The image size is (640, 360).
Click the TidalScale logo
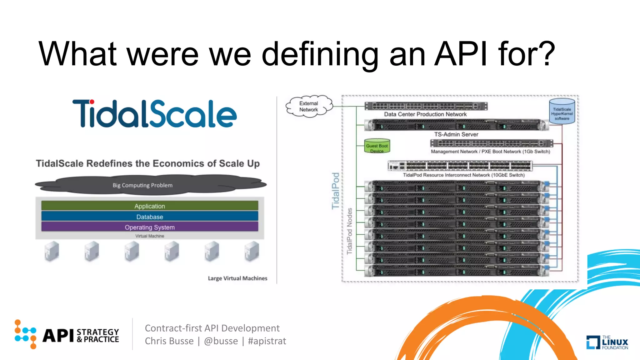pyautogui.click(x=154, y=114)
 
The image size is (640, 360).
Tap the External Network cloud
pyautogui.click(x=309, y=107)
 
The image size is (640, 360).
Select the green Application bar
pyautogui.click(x=150, y=206)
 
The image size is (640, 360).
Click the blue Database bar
pyautogui.click(x=150, y=217)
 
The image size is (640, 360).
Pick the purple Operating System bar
pyautogui.click(x=150, y=227)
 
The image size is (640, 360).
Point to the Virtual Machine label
pyautogui.click(x=150, y=236)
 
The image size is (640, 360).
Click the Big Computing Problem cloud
pyautogui.click(x=143, y=185)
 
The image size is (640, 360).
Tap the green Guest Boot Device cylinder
pyautogui.click(x=377, y=146)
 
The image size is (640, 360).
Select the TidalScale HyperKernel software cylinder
pyautogui.click(x=562, y=112)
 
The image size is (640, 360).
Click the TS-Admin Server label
pyautogui.click(x=456, y=134)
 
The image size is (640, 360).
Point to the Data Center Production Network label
pyautogui.click(x=425, y=114)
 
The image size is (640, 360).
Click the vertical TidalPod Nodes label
pyautogui.click(x=350, y=231)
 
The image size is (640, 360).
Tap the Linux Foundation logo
pyautogui.click(x=607, y=342)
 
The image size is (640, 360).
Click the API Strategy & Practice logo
pyautogui.click(x=67, y=335)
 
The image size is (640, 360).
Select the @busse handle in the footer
pyautogui.click(x=221, y=341)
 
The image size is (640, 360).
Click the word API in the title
pyautogui.click(x=461, y=54)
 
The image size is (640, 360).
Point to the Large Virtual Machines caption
pyautogui.click(x=237, y=278)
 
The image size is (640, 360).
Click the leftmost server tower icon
pyautogui.click(x=52, y=251)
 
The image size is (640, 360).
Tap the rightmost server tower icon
pyautogui.click(x=252, y=251)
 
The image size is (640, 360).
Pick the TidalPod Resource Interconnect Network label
pyautogui.click(x=463, y=175)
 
